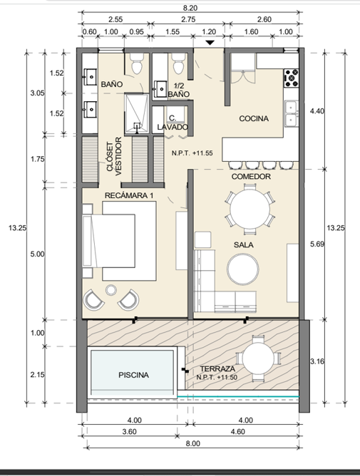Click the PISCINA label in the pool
tap(134, 375)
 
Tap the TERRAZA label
tap(217, 369)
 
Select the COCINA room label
tap(254, 118)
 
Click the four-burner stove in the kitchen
tap(292, 78)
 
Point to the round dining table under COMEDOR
tap(250, 209)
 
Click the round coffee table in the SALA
tap(243, 269)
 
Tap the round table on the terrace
tap(258, 358)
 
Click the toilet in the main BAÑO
tap(136, 63)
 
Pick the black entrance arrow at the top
tap(210, 43)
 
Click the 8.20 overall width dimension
tap(190, 8)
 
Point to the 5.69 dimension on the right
tap(317, 244)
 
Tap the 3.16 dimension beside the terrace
tap(317, 361)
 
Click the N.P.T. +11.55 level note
tap(192, 153)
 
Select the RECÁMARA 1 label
tap(129, 195)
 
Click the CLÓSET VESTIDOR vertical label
tap(114, 156)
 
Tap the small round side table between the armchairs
tap(111, 290)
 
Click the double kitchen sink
tap(291, 113)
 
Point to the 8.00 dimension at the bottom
tap(193, 443)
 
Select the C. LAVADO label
tap(173, 123)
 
